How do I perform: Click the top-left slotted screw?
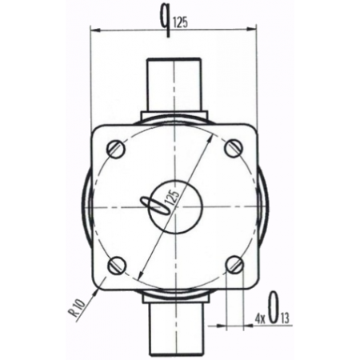point(116,149)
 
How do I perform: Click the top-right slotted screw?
point(234,148)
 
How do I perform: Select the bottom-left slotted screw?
point(118,265)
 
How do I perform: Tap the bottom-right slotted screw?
point(234,264)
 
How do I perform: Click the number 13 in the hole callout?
point(285,319)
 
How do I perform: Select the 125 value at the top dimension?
point(181,23)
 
